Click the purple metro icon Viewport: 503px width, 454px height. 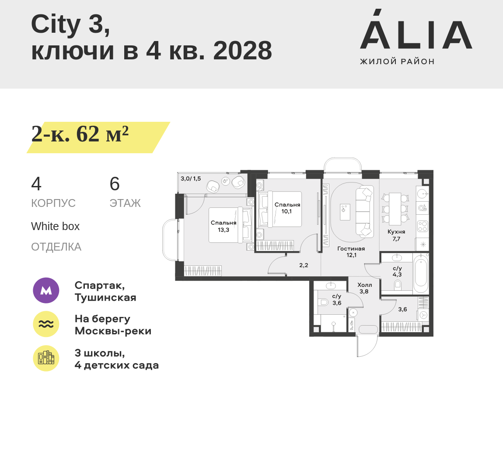click(x=46, y=290)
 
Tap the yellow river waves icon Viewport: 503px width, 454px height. click(x=46, y=324)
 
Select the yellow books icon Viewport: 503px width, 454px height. click(x=46, y=358)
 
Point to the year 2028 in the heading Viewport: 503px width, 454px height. click(x=242, y=51)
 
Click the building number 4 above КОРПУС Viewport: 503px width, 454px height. click(x=36, y=184)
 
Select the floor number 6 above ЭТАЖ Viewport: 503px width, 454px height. click(x=115, y=184)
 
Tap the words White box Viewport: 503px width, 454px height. click(x=55, y=226)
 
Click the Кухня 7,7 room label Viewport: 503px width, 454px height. click(x=396, y=235)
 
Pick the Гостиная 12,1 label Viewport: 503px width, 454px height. click(x=351, y=252)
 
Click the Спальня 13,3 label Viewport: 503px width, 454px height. click(x=224, y=226)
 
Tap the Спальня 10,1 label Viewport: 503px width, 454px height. click(x=287, y=208)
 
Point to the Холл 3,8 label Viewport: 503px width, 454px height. click(x=364, y=288)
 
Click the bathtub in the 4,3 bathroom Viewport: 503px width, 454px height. click(x=420, y=274)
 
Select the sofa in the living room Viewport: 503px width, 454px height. click(x=364, y=212)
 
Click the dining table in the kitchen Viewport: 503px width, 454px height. click(x=395, y=209)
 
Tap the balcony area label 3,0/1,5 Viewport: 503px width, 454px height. click(x=191, y=179)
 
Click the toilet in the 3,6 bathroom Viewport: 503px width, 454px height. click(x=324, y=302)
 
